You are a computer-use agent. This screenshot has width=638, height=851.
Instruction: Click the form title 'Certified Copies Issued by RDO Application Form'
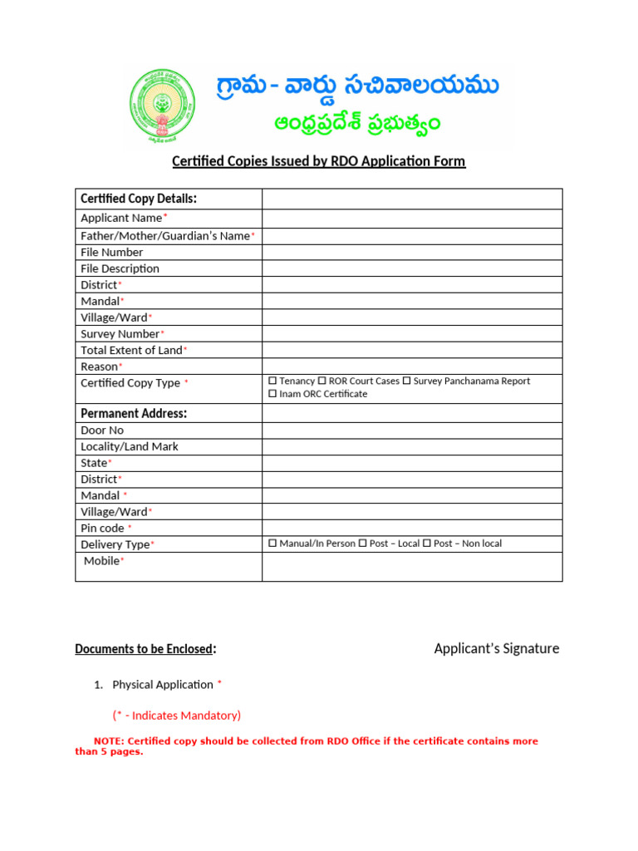tap(318, 161)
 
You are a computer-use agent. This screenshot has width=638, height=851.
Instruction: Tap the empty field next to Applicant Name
tap(412, 219)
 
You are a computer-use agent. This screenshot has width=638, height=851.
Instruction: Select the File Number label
tap(111, 252)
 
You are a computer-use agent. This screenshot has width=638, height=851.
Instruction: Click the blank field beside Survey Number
tap(412, 333)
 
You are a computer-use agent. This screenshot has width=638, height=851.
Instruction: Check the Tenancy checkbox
tap(272, 381)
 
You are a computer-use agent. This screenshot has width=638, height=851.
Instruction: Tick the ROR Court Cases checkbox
tap(321, 381)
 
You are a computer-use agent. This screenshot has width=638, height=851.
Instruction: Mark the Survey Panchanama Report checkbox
tap(407, 381)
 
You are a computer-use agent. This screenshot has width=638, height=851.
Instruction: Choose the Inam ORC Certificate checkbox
tap(272, 394)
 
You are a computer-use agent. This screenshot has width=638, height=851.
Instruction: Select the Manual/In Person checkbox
tap(272, 544)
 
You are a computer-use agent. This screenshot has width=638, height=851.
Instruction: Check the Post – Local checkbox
tap(362, 544)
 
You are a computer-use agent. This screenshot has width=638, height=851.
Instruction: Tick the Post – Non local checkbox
tap(427, 544)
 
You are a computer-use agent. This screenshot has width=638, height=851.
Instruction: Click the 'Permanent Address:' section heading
tap(133, 413)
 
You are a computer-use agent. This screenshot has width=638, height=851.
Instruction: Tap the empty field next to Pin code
tap(412, 528)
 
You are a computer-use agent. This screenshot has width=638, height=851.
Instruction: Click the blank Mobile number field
tap(412, 566)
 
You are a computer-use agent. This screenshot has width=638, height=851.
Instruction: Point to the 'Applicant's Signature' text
tap(496, 648)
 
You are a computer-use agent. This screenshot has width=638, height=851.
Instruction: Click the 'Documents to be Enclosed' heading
tap(145, 649)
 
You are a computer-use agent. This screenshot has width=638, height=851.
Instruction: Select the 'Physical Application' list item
tap(163, 685)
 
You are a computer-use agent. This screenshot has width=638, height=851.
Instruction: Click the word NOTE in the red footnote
tap(108, 740)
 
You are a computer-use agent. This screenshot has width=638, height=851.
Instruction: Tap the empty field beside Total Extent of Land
tap(412, 350)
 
